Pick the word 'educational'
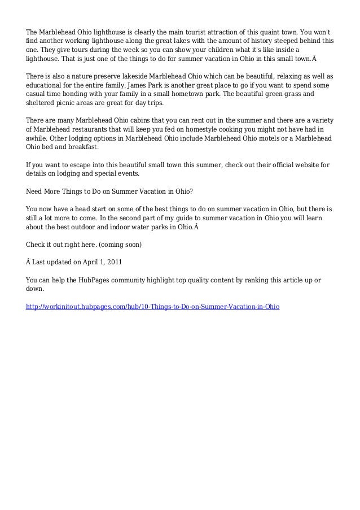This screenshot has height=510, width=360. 47,86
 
